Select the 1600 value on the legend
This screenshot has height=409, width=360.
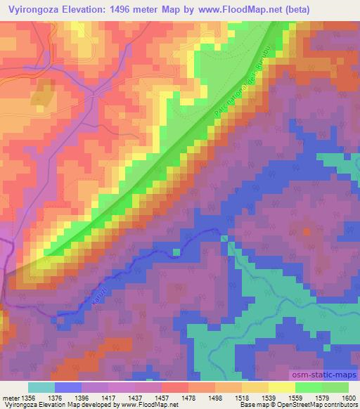(x=348, y=398)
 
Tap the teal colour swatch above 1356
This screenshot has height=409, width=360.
(x=41, y=387)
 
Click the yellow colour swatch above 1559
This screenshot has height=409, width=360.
(x=282, y=387)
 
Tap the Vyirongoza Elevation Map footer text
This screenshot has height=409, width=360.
(x=35, y=405)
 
